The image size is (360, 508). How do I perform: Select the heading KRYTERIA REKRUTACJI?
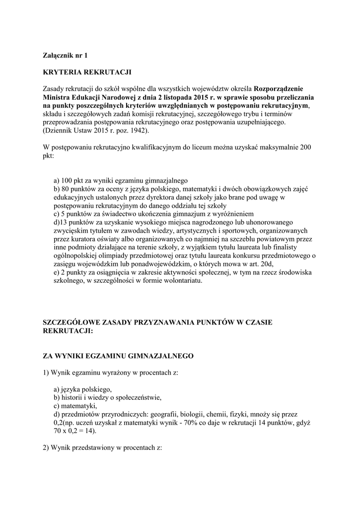[87, 72]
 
